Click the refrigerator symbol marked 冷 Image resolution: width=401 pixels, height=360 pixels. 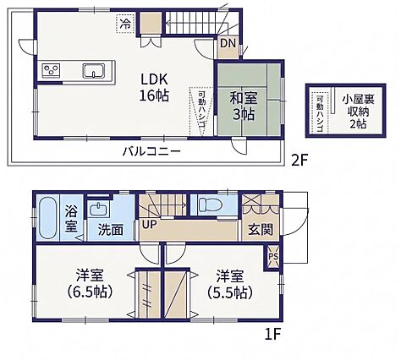[126, 24]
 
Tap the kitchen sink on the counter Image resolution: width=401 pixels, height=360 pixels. [94, 71]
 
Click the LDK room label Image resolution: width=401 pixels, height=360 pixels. [154, 79]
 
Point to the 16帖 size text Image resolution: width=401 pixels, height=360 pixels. [154, 95]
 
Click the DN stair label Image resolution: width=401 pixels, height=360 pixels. [228, 43]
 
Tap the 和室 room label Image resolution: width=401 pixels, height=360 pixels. [244, 99]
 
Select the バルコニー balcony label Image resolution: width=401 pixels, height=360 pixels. [151, 151]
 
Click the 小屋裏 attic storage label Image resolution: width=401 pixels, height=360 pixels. [358, 100]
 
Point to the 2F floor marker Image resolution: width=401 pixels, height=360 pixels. [299, 161]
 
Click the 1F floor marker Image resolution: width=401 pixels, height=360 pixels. [273, 335]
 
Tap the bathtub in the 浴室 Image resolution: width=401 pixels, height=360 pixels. [47, 218]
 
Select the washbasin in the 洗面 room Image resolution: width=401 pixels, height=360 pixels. [99, 209]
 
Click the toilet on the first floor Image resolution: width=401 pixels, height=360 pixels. [211, 205]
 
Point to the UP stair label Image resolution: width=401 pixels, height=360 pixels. [149, 225]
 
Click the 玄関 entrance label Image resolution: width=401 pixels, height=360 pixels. [261, 230]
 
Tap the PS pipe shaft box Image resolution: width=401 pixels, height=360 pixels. [273, 257]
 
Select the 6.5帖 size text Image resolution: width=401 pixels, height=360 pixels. [90, 292]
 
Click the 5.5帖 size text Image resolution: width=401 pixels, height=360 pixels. [230, 292]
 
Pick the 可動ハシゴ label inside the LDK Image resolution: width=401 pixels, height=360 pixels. [201, 112]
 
